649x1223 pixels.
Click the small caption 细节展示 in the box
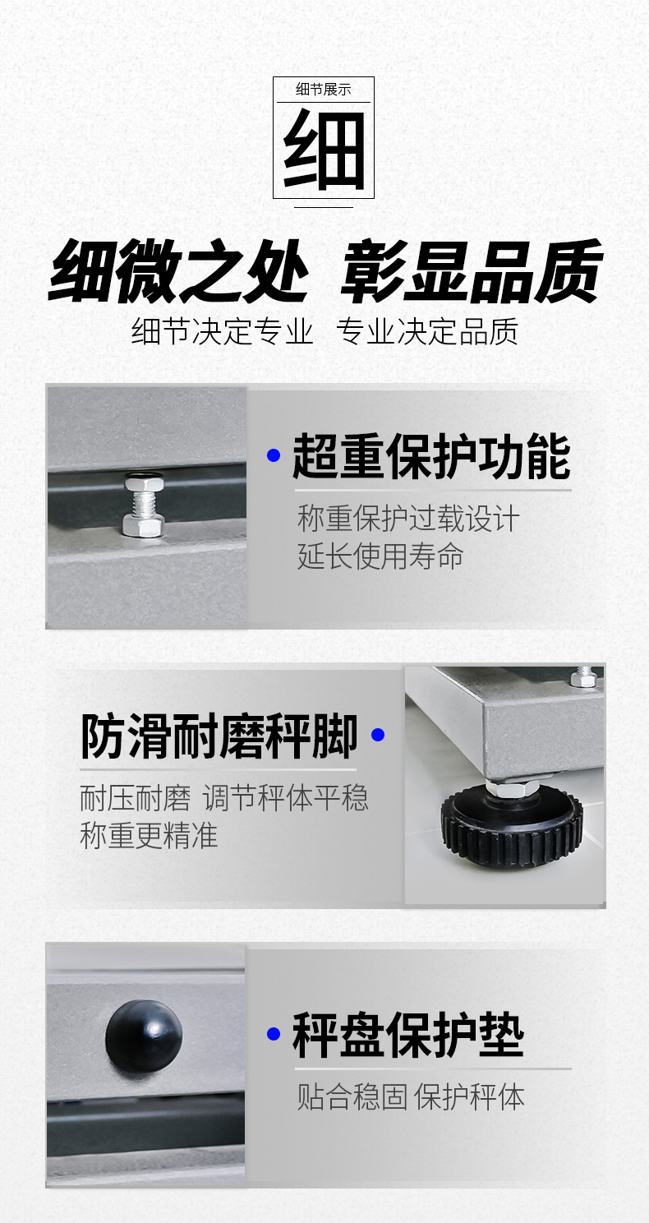[323, 89]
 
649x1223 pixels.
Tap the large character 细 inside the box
[324, 149]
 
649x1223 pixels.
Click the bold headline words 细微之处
[178, 270]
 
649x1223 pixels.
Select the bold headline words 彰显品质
[471, 270]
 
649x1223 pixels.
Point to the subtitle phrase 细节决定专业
[222, 331]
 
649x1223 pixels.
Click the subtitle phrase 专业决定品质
[427, 331]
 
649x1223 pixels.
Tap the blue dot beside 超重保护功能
[274, 455]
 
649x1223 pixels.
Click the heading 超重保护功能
[431, 457]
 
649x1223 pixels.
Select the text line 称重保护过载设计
[408, 518]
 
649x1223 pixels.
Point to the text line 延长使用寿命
[380, 556]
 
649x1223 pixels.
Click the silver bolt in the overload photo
[143, 504]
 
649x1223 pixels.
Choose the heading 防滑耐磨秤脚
[219, 736]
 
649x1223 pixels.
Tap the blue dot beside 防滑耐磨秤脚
[378, 735]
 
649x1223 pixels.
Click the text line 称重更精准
[149, 836]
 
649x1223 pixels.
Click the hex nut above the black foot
[512, 787]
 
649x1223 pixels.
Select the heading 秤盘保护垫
[408, 1035]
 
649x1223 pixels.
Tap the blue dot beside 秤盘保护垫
[274, 1033]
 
